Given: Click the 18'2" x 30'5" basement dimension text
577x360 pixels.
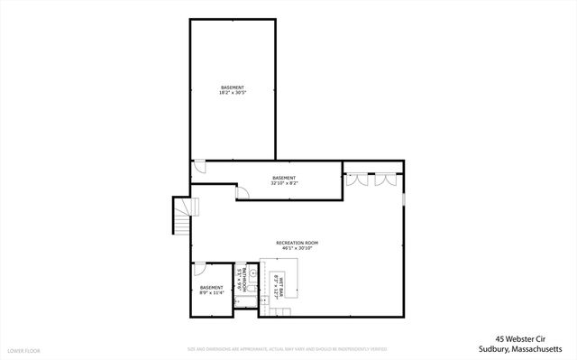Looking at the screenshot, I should (232, 93).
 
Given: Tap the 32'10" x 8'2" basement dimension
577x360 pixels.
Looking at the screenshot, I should (284, 182).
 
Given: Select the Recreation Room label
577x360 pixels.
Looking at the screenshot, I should (297, 243).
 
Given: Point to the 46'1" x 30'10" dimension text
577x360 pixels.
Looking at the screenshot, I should (297, 248).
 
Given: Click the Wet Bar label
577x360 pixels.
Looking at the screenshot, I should (281, 285).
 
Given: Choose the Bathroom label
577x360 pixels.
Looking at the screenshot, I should (243, 279).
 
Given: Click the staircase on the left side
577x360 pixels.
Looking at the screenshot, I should (183, 217).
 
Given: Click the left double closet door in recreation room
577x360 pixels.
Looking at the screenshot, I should (359, 179).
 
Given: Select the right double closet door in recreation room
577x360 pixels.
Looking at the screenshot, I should (386, 179).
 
